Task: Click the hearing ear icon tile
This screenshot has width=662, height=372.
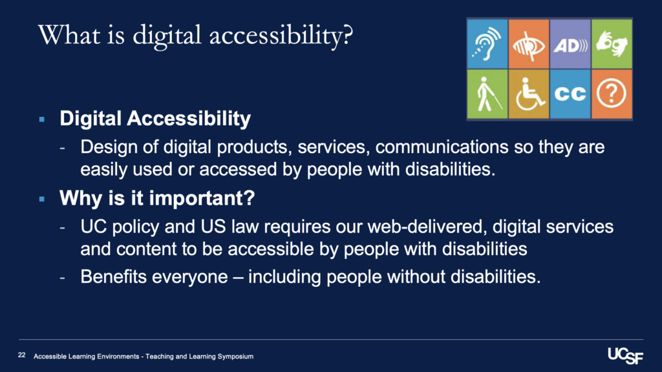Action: point(487,44)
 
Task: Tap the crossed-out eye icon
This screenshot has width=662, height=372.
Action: point(529,44)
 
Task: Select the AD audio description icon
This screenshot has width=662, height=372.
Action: point(570,44)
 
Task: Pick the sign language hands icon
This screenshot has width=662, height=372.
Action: point(612,44)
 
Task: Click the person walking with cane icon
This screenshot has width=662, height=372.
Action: point(487,94)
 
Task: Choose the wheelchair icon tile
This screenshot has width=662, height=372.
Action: point(529,94)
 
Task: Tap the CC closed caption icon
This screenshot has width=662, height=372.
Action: point(570,94)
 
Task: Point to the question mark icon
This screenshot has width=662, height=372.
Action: point(612,94)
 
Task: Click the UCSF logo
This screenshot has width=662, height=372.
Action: point(625,356)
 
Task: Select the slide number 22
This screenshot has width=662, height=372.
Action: point(21,355)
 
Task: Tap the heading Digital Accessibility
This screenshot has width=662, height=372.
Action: point(155,119)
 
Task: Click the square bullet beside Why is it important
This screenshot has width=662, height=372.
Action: point(42,199)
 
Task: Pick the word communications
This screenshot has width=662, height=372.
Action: point(442,147)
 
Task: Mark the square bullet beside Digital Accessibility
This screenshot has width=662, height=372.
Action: point(42,119)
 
